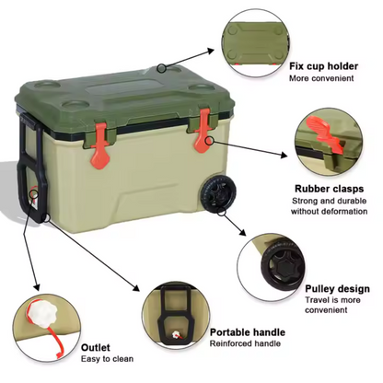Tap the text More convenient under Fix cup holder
[x=321, y=78]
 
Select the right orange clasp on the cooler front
[x=203, y=135]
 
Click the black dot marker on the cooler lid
[x=161, y=67]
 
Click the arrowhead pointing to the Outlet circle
[x=39, y=286]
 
